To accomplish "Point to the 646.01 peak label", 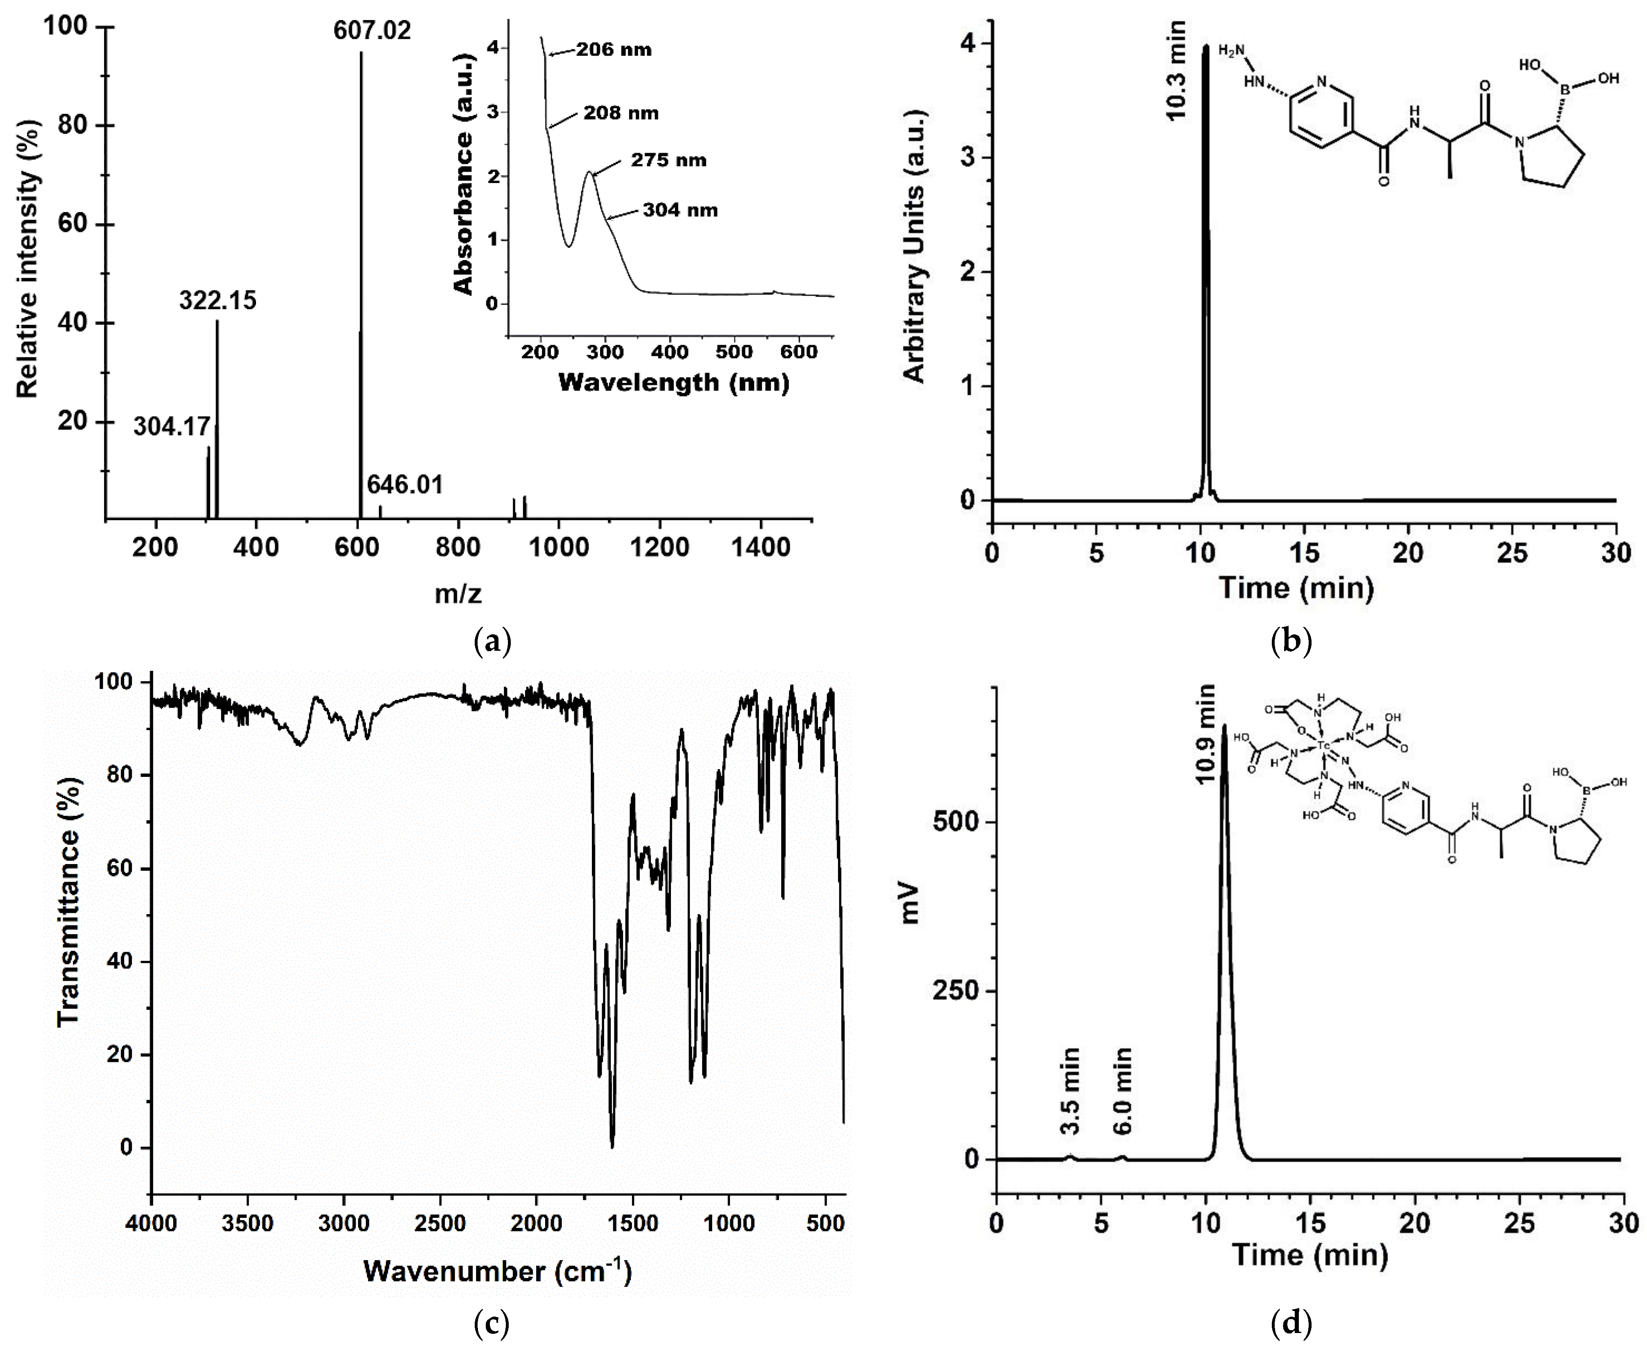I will tap(405, 485).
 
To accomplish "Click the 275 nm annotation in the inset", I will tap(668, 160).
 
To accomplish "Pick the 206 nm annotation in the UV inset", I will tap(614, 50).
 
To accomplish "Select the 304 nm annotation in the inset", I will tap(680, 210).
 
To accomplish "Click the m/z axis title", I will tap(458, 594).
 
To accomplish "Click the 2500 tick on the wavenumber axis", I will tap(440, 1225).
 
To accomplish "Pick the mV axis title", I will tap(909, 903).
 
